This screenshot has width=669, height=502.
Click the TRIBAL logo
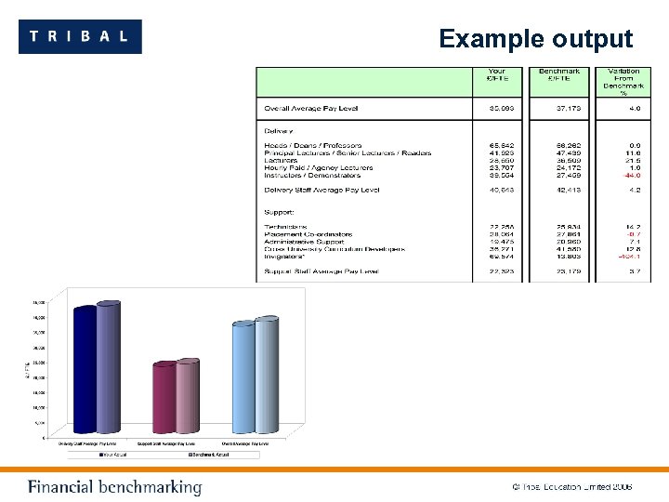pyautogui.click(x=80, y=36)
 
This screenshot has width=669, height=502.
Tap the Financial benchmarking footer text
pyautogui.click(x=114, y=487)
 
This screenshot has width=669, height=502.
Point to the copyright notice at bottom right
pyautogui.click(x=571, y=487)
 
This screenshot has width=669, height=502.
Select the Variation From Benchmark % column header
pyautogui.click(x=623, y=81)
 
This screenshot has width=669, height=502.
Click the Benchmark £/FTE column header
pyautogui.click(x=558, y=74)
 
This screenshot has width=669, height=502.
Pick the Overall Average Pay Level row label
pyautogui.click(x=310, y=109)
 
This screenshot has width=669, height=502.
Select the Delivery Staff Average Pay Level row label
pyautogui.click(x=321, y=190)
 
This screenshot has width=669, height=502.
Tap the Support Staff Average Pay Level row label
pyautogui.click(x=321, y=271)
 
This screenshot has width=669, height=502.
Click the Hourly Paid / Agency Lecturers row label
pyautogui.click(x=318, y=167)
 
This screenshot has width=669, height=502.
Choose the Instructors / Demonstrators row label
pyautogui.click(x=311, y=175)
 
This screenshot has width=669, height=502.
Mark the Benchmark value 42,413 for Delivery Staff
pyautogui.click(x=558, y=190)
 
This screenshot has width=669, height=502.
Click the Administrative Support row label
pyautogui.click(x=303, y=242)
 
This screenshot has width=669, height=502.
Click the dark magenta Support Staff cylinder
pyautogui.click(x=164, y=397)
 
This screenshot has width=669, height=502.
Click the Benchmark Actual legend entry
pyautogui.click(x=208, y=455)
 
